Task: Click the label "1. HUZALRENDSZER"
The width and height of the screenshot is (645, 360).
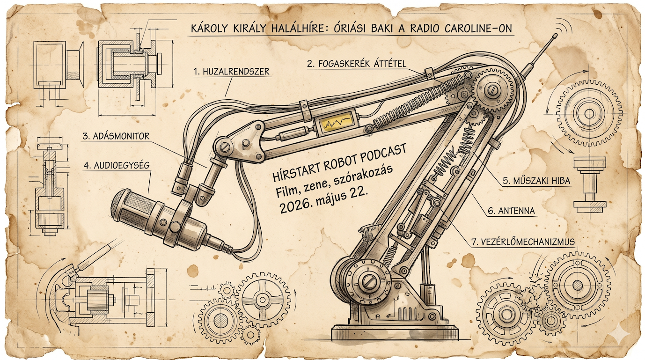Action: point(232,72)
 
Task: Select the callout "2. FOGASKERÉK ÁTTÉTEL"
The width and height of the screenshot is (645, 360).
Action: point(357,64)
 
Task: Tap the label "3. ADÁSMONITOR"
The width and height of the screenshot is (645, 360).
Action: point(116,136)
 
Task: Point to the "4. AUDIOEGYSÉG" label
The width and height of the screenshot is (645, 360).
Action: point(117,165)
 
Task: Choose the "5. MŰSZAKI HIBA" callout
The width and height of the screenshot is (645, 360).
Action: point(536,181)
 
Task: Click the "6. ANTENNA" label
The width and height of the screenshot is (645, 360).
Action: point(511,211)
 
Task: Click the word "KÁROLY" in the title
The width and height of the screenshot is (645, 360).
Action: point(209,29)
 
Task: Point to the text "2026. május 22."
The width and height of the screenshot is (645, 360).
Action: point(324,204)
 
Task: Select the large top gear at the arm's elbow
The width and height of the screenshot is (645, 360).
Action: point(494,91)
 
